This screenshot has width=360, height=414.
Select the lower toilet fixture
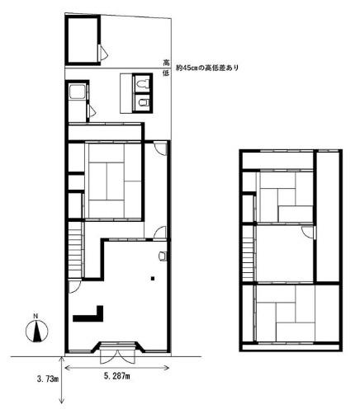pos(141,102)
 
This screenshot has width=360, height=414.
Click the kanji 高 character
pos(167,63)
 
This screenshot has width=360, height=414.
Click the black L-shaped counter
pos(89,313)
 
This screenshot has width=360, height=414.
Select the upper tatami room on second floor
pos(282,198)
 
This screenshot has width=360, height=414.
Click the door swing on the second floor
pos(307,233)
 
